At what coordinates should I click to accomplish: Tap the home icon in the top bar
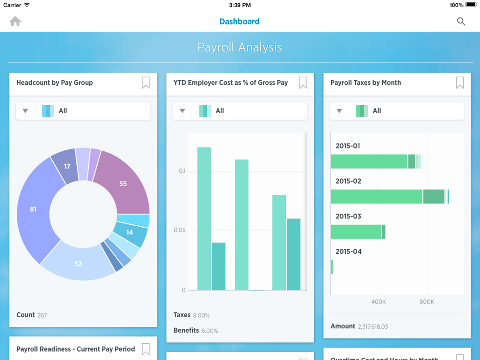point(15,21)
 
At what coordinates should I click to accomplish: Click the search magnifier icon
point(461,21)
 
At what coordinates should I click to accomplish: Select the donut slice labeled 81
point(34,210)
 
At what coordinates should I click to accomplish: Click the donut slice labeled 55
point(123,183)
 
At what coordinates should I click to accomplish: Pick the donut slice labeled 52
point(78,264)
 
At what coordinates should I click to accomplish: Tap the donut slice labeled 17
point(67,166)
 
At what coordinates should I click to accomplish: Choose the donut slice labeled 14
point(129,232)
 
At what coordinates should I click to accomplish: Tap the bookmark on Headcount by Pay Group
point(146,83)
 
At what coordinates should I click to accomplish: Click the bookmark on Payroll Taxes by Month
point(460,83)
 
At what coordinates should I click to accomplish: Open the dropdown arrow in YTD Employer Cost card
point(183,111)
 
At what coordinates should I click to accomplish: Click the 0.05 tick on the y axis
point(179,230)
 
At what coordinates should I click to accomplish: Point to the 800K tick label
point(426,302)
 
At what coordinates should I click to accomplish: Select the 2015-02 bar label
point(348,181)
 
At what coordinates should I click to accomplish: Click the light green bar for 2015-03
point(356,232)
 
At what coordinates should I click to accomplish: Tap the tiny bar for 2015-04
point(332,267)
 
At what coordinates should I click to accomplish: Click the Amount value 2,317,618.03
point(372,327)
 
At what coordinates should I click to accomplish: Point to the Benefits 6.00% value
point(210,331)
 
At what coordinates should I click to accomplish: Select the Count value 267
point(42,315)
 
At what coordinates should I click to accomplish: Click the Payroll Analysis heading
point(240,48)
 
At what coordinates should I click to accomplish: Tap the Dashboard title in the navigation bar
point(239,21)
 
